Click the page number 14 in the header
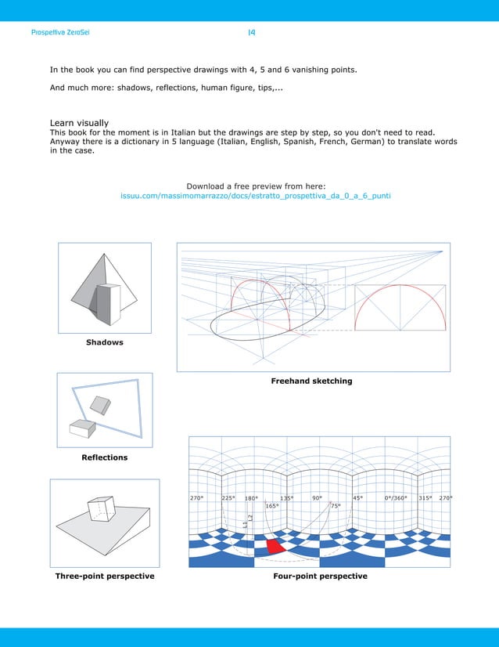tap(251, 33)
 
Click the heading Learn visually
tap(79, 123)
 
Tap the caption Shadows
tap(104, 342)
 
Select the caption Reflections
tap(104, 457)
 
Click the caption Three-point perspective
tap(104, 577)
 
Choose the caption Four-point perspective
tap(320, 577)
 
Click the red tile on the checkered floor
tap(275, 546)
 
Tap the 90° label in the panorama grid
tap(318, 498)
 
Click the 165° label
tap(271, 506)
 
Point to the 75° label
tap(335, 506)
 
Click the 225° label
tap(228, 498)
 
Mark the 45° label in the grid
tap(357, 498)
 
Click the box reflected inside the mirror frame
tap(100, 404)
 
